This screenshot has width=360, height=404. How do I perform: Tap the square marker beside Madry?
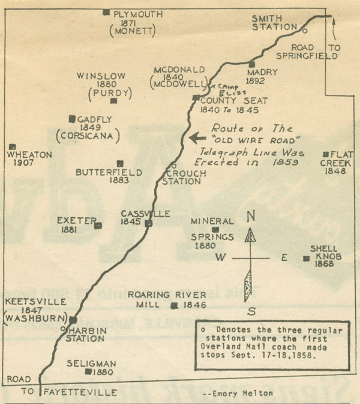tap(252, 64)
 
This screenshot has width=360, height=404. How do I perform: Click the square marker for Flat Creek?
tap(326, 154)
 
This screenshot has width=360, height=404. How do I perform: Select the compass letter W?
tap(221, 258)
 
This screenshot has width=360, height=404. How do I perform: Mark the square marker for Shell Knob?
tap(307, 259)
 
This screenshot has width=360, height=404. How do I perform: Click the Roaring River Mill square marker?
tap(173, 306)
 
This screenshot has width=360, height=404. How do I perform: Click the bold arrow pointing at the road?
tap(196, 137)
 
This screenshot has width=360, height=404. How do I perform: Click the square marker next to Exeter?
tap(98, 226)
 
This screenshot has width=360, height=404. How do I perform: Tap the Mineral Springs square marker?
tap(215, 229)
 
